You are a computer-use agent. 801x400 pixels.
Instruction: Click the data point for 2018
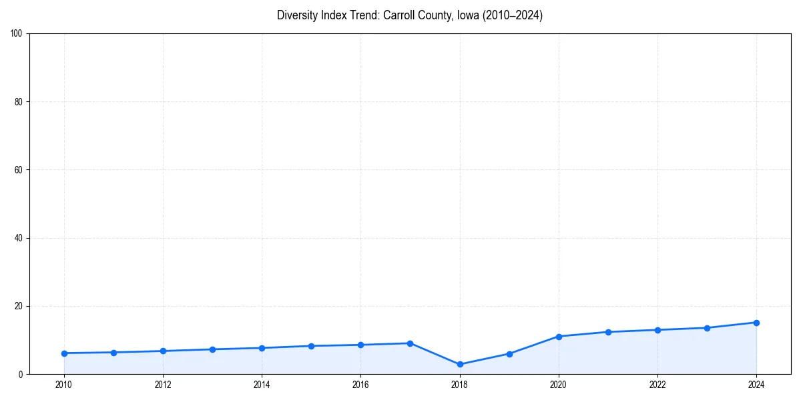[460, 365]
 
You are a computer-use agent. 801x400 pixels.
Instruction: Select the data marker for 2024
[756, 323]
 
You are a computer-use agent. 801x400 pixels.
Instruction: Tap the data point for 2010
[64, 353]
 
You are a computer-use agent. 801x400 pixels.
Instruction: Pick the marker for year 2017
[410, 343]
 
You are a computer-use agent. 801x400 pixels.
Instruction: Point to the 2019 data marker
[509, 354]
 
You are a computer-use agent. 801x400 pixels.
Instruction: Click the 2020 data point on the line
[559, 337]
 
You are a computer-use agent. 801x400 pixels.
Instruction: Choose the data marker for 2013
[212, 349]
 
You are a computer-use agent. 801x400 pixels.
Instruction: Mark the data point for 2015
[311, 346]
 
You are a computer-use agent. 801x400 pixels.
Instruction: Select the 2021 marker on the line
[608, 332]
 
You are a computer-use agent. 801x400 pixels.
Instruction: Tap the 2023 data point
[707, 328]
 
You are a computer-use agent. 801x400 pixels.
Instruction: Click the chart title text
[410, 15]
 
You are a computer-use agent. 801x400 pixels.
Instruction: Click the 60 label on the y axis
[19, 170]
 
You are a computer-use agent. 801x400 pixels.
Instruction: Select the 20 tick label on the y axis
[19, 306]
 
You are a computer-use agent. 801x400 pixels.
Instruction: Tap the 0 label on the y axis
[21, 375]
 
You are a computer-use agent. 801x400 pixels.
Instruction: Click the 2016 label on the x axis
[360, 385]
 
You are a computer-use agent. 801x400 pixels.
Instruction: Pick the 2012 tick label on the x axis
[163, 385]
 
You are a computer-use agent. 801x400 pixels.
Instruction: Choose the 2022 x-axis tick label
[657, 385]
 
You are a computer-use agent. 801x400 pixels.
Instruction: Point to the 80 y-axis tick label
[19, 102]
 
